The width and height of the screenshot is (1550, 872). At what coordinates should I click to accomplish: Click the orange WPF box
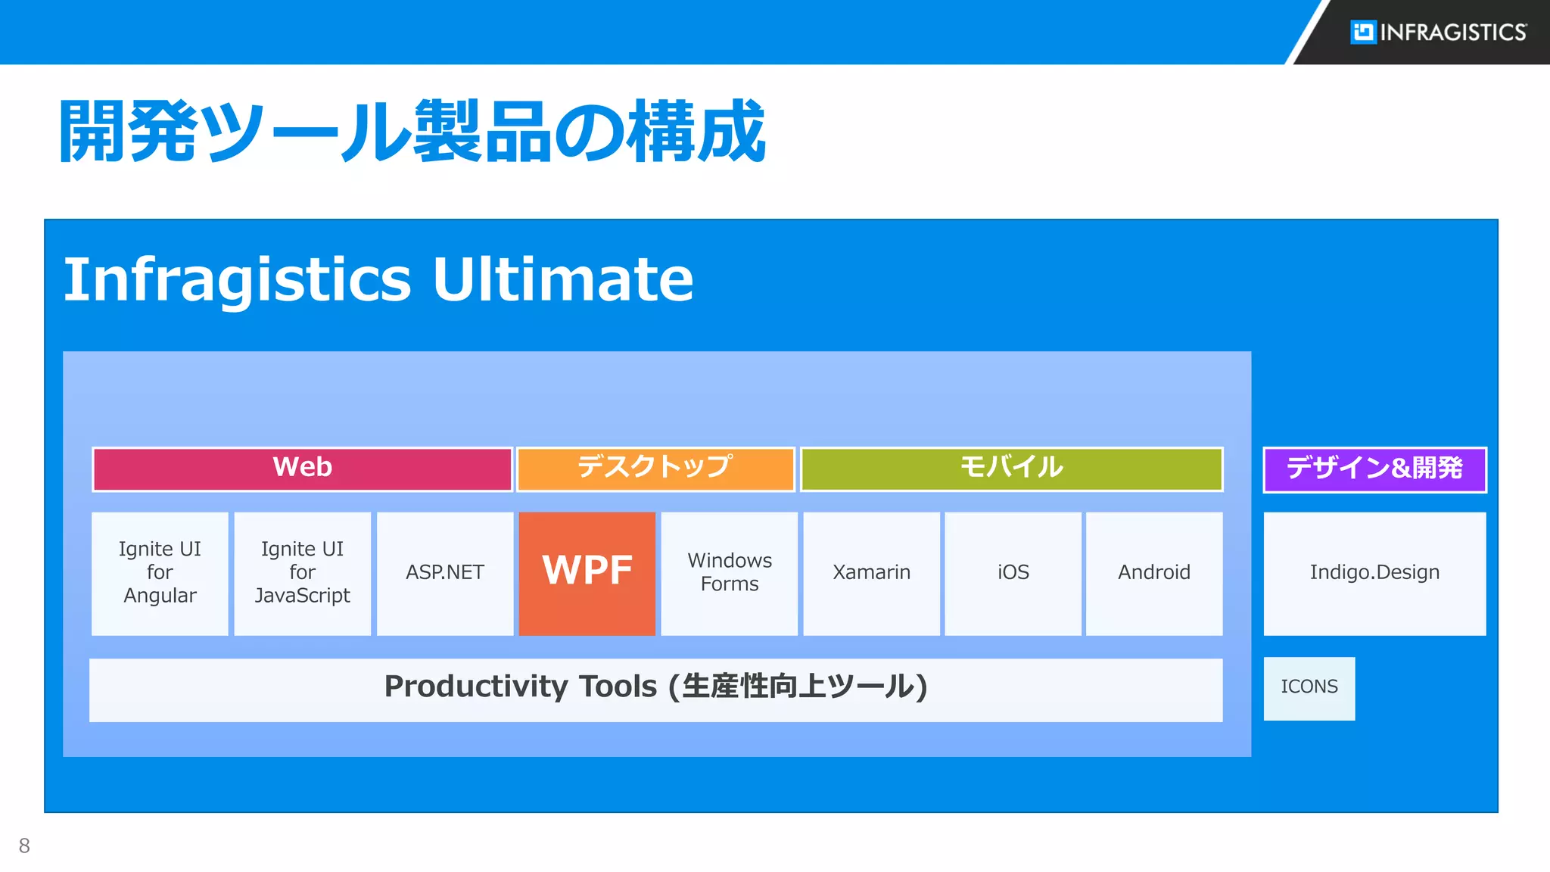coord(587,573)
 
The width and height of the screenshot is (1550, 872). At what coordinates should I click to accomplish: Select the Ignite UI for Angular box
coord(160,573)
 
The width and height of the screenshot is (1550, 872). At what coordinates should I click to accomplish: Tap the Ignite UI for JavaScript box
coord(302,573)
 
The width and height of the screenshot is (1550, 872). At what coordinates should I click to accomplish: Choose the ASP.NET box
coord(444,573)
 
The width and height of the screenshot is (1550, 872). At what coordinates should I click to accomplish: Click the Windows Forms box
coord(729,573)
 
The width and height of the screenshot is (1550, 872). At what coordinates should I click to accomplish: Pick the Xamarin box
coord(871,573)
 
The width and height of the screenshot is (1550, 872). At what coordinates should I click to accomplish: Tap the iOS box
coord(1013,573)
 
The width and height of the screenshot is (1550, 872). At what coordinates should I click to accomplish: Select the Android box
coord(1154,573)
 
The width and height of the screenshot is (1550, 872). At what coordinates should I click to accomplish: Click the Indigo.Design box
coord(1374,573)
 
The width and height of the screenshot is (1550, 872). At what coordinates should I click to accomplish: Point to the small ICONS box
coord(1309,687)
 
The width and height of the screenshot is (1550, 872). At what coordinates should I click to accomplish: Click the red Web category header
coord(302,469)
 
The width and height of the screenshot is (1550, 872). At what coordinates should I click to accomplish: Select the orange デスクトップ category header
coord(655,469)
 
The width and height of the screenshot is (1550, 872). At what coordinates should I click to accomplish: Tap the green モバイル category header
coord(1011,469)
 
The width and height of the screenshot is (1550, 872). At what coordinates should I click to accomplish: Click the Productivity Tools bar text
coord(655,687)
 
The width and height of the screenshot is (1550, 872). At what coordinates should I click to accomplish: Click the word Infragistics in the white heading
coord(237,279)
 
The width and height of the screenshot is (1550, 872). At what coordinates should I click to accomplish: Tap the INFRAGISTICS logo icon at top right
coord(1363,32)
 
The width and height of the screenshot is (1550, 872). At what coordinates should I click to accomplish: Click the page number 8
coord(24,846)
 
